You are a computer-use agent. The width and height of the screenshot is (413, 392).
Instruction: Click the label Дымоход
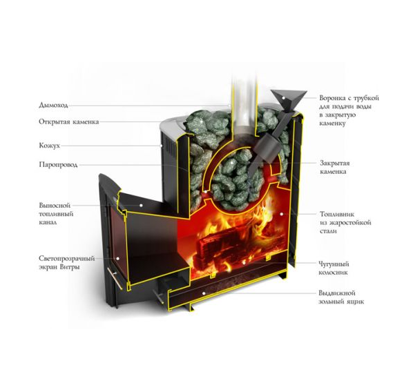(53, 106)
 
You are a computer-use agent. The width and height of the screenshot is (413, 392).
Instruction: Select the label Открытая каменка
(69, 121)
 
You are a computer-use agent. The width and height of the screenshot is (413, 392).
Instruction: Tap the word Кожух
(50, 146)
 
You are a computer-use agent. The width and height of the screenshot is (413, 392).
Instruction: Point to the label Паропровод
(58, 165)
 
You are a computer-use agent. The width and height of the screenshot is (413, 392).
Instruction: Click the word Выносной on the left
(55, 205)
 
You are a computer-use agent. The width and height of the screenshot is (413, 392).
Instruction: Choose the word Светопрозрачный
(66, 259)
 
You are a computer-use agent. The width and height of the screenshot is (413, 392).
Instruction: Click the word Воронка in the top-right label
(332, 98)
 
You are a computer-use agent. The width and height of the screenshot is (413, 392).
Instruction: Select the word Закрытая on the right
(335, 163)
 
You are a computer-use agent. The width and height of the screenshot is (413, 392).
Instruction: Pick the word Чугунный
(334, 264)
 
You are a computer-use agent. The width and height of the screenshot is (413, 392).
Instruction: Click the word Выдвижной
(337, 293)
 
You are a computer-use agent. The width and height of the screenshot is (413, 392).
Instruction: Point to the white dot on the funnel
(283, 98)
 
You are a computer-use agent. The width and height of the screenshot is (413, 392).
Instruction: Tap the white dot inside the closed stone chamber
(231, 163)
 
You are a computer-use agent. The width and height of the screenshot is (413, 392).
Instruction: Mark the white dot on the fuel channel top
(141, 205)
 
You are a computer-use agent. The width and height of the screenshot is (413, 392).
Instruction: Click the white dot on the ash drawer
(203, 293)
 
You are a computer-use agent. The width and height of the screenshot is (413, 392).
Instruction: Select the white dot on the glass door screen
(117, 259)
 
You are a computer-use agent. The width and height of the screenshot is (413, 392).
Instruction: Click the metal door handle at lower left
(115, 279)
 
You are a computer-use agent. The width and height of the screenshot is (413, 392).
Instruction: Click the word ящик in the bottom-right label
(355, 302)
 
